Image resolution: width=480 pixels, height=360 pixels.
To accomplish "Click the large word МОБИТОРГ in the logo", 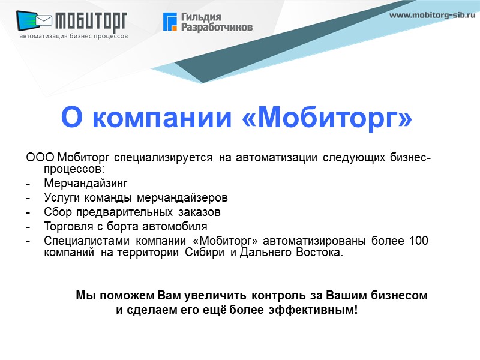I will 91,23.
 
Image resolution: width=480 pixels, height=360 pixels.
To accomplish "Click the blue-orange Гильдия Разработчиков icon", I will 170,22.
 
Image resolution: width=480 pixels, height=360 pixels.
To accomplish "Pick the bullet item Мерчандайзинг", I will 86,182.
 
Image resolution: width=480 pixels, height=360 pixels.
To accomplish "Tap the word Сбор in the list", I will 58,212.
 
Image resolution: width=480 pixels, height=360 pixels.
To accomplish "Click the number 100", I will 418,241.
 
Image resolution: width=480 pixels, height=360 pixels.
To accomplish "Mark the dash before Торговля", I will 28,227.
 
